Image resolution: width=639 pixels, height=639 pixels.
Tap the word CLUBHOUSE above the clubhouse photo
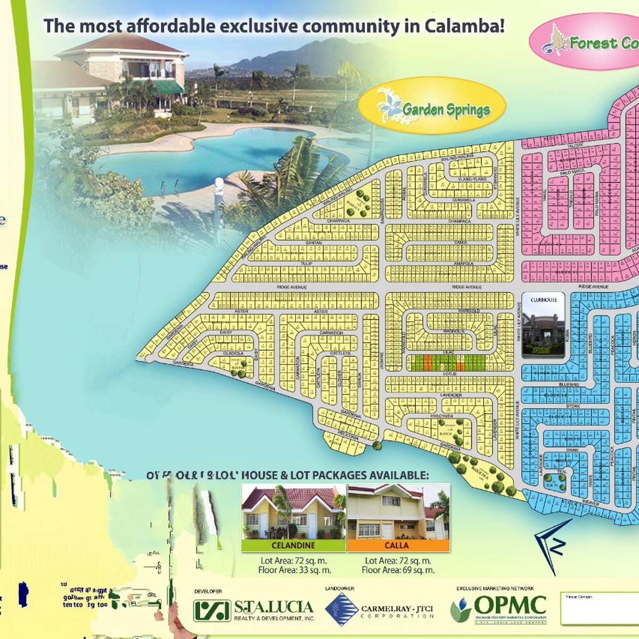[x=544, y=300]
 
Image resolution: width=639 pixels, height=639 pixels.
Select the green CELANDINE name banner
[x=293, y=545]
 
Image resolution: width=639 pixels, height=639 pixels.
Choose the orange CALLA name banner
[x=397, y=545]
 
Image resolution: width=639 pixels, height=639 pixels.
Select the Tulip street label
[x=306, y=264]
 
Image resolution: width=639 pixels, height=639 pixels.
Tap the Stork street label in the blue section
[x=572, y=406]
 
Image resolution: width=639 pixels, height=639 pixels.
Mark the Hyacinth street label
[x=442, y=416]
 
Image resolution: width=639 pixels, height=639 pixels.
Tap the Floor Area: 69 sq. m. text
[x=398, y=570]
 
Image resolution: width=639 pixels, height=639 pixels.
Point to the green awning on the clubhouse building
[x=166, y=87]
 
